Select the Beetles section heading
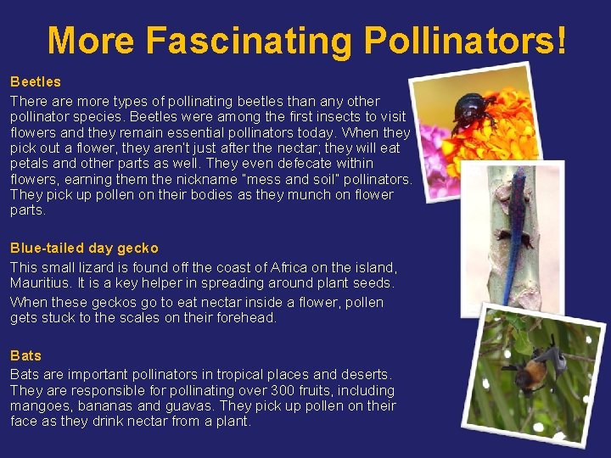click(x=36, y=82)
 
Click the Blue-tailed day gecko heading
click(x=84, y=248)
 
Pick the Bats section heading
click(x=25, y=355)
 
